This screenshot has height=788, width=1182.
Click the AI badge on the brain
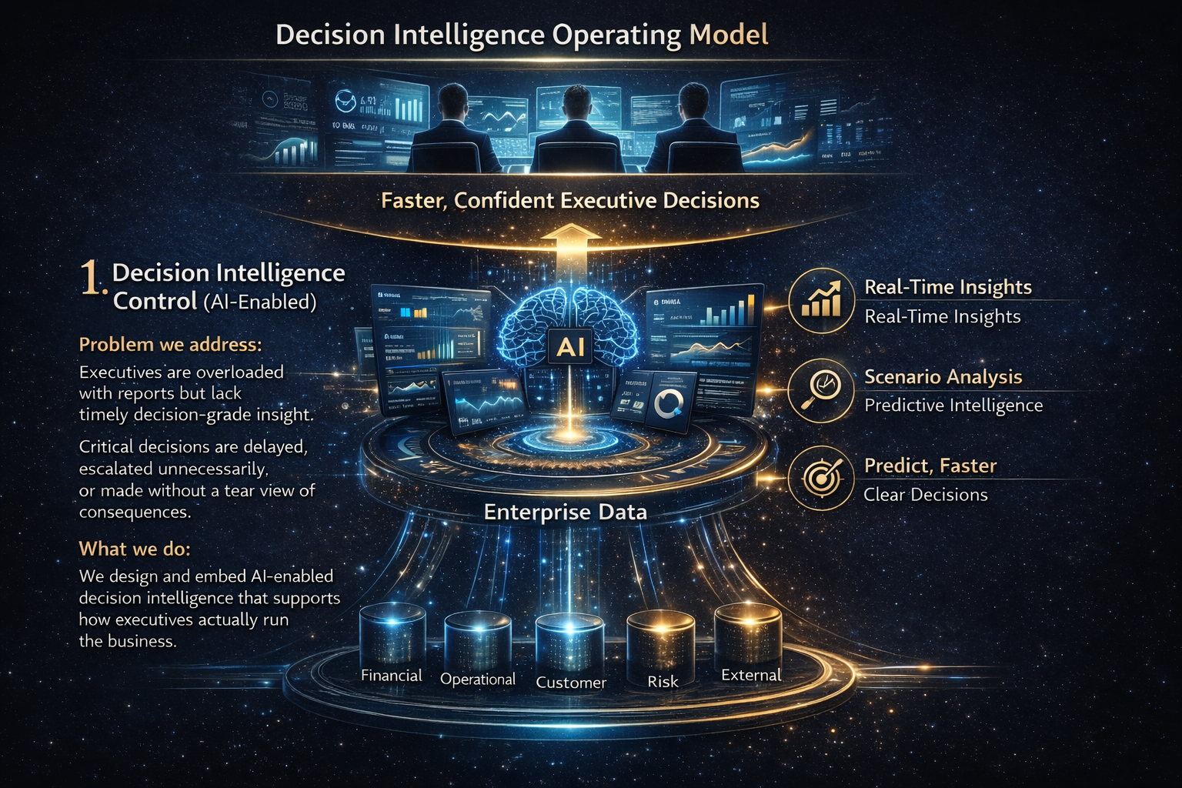coord(570,347)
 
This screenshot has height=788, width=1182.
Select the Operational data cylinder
coord(478,642)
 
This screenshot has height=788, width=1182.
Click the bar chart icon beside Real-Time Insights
coord(821,301)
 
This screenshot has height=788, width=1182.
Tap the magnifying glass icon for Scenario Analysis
coord(821,390)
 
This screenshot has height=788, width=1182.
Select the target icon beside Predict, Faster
coord(821,479)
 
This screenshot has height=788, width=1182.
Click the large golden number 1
coord(91,278)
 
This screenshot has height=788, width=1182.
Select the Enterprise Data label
coord(565,513)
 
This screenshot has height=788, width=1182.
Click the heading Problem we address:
coord(170,344)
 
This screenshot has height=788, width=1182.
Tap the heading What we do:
coord(135,549)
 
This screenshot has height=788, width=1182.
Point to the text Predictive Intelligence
coord(953,406)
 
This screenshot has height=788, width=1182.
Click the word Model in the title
coord(729,35)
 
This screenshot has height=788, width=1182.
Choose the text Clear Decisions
coord(925,495)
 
